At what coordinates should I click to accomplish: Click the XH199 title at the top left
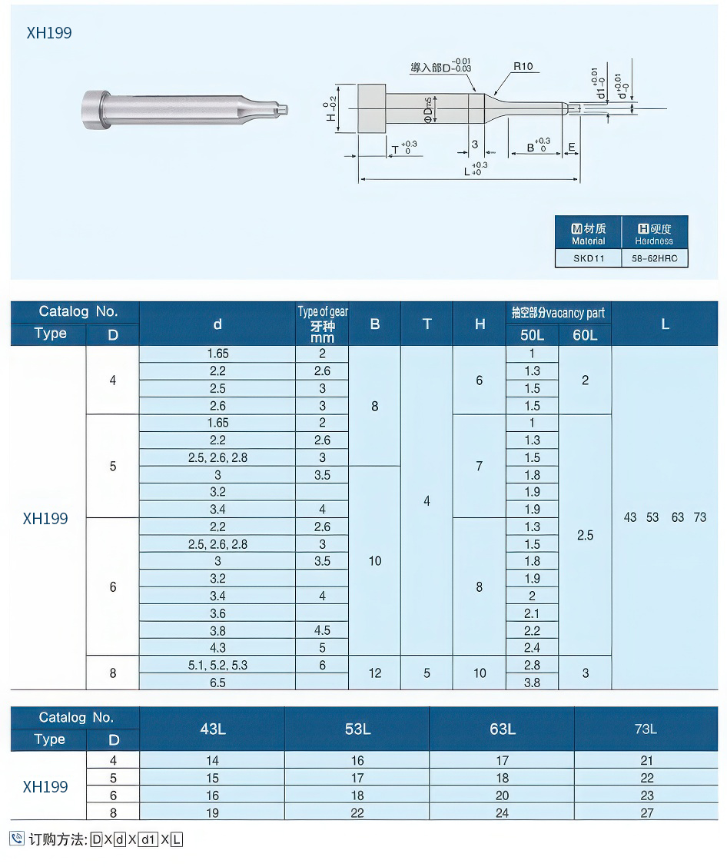click(x=48, y=33)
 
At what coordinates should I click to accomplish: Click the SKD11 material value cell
click(x=589, y=258)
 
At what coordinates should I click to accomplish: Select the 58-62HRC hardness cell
click(x=654, y=258)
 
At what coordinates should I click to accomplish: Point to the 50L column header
click(x=532, y=334)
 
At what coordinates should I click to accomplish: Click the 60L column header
click(x=585, y=334)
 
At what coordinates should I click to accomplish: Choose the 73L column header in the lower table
click(x=646, y=729)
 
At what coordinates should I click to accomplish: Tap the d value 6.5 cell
click(x=217, y=682)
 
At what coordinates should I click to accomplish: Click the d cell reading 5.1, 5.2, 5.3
click(x=217, y=665)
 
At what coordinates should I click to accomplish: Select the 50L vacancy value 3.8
click(x=532, y=682)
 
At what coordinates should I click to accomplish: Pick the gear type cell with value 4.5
click(x=322, y=630)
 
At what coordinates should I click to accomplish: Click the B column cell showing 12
click(x=374, y=673)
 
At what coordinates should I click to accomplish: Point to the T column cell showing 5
click(x=427, y=673)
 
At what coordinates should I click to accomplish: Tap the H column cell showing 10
click(x=480, y=673)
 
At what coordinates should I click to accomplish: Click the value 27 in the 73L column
click(x=646, y=812)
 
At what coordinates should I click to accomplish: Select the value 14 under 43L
click(x=212, y=760)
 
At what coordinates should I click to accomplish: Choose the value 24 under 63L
click(x=502, y=812)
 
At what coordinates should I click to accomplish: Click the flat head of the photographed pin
click(x=93, y=113)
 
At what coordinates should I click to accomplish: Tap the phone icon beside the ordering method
click(x=17, y=839)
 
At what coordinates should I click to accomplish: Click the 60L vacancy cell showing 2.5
click(x=585, y=535)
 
